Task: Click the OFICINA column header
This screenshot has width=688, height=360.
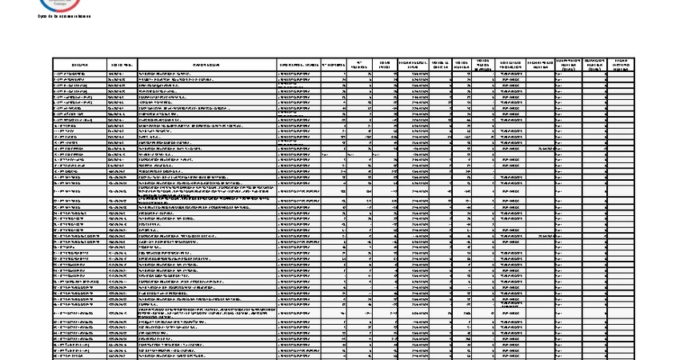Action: pos(80,63)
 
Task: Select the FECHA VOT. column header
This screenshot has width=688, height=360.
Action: pos(122,63)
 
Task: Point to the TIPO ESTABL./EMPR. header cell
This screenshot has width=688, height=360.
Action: pos(298,63)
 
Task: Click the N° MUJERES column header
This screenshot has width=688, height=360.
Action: pos(360,63)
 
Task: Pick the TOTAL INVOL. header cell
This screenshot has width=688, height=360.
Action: pos(385,63)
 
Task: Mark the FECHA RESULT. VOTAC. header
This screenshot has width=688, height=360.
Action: pos(414,63)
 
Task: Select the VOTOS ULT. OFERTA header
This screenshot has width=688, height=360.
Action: pos(439,63)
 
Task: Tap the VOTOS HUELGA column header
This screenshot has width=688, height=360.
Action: pos(462,63)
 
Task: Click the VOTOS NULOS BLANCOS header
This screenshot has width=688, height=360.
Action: pos(482,63)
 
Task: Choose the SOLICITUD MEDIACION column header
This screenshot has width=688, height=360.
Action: pos(511,63)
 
